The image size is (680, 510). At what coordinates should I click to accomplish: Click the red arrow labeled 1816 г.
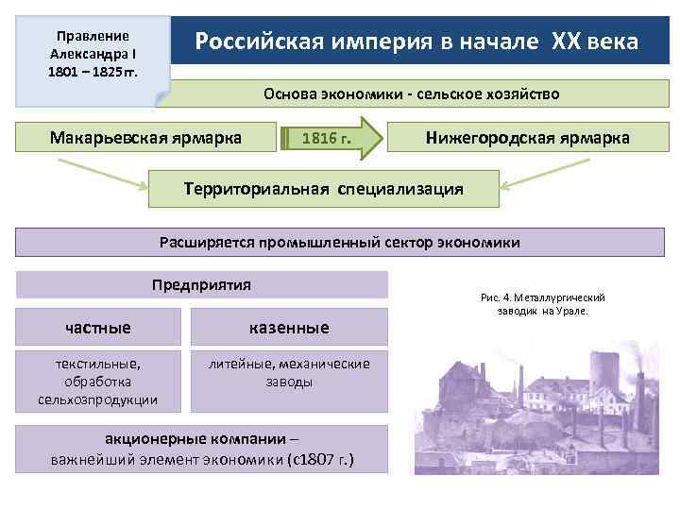327,140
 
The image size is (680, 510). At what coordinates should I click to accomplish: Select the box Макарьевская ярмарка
145,138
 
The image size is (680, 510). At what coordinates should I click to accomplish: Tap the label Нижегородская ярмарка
528,138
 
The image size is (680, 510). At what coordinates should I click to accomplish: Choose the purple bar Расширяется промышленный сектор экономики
340,242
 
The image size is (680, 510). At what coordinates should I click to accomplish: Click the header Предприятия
201,284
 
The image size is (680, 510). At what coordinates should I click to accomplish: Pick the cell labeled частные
98,328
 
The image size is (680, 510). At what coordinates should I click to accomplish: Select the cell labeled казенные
289,328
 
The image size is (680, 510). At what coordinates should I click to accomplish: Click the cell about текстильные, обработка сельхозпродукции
98,381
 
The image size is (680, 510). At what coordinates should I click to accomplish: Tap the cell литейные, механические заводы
289,373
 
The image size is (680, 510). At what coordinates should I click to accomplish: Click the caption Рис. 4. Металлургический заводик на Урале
542,304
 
